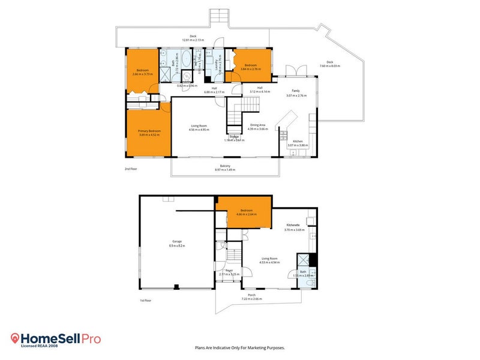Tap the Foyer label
coord(229,271)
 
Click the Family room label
coord(296,91)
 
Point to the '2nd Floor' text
coord(131,169)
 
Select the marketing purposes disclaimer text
coord(239,347)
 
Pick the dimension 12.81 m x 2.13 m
coord(193,40)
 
